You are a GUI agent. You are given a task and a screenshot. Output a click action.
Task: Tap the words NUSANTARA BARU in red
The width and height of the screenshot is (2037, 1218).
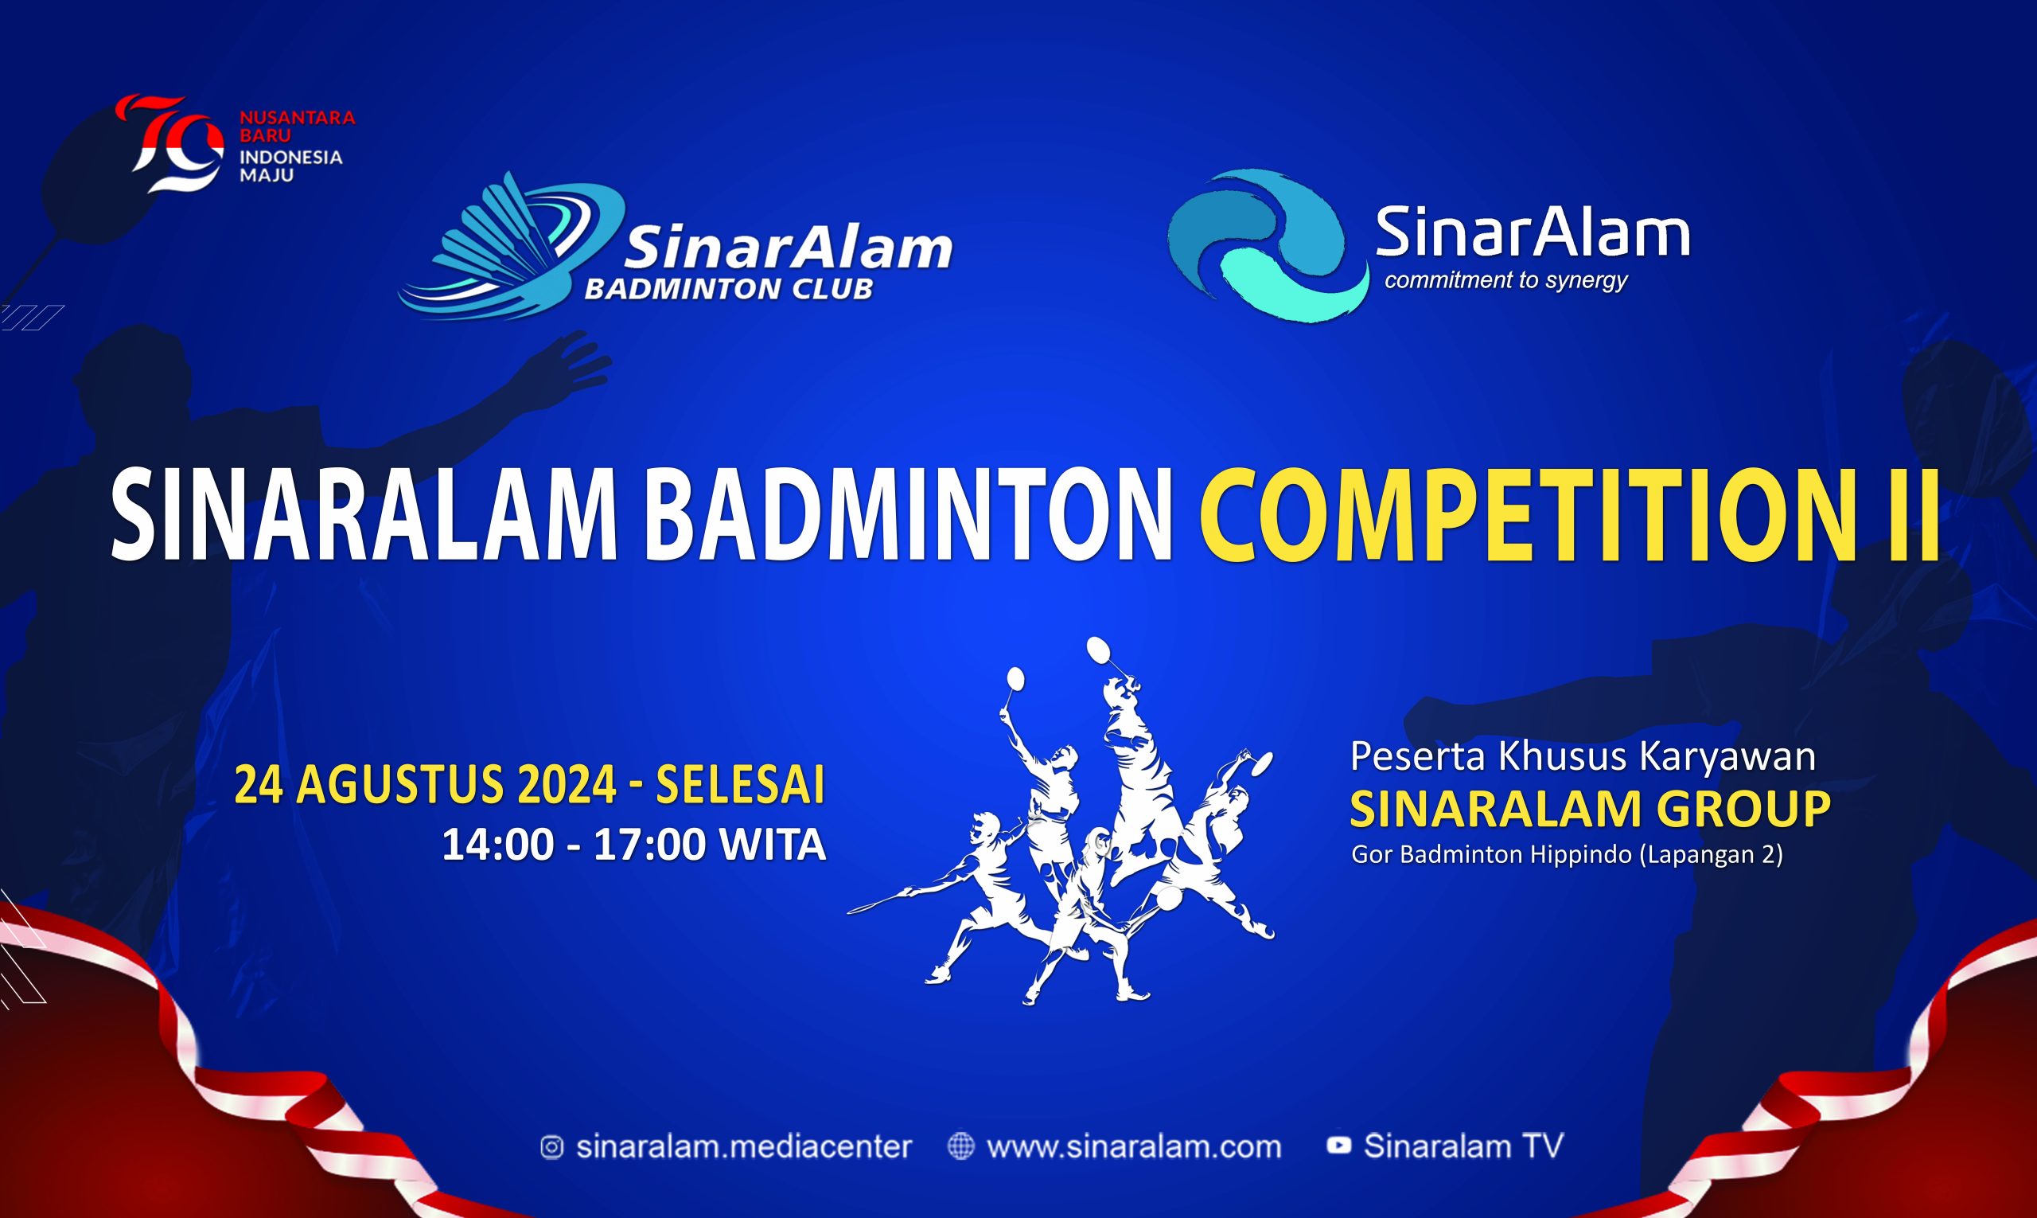(x=297, y=127)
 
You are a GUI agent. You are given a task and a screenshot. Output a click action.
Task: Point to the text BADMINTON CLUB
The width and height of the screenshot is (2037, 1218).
(x=729, y=290)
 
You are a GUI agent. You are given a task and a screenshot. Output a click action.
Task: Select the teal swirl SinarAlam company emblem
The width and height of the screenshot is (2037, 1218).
(x=1268, y=245)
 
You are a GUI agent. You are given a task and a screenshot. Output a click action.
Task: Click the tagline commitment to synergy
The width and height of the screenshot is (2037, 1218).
(x=1506, y=281)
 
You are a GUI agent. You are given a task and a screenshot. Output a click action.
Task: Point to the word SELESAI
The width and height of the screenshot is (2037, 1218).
(x=740, y=787)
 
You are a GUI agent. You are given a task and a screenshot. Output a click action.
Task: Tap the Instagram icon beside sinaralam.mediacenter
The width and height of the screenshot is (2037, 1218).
(x=551, y=1146)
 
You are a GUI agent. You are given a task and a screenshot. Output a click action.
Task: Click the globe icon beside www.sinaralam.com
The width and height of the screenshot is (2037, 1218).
(x=960, y=1146)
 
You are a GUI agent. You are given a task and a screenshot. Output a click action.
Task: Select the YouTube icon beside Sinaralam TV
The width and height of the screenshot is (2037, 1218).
(x=1338, y=1146)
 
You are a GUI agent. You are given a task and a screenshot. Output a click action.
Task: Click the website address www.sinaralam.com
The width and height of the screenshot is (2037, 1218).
(x=1134, y=1146)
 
